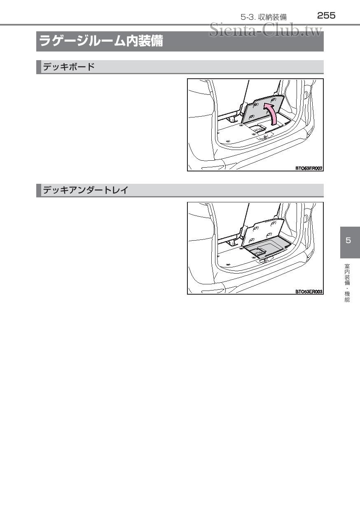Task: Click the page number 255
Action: coord(326,16)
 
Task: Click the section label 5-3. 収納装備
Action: coord(264,17)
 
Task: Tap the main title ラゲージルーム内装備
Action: coord(101,42)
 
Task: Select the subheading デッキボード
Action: coord(69,67)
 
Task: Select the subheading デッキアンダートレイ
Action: coord(86,190)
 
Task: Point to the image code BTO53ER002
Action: coord(309,168)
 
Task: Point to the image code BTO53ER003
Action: coord(309,291)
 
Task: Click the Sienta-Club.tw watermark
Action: coord(265,30)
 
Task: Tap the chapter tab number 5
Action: coord(348,241)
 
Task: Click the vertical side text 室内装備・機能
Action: coord(347,283)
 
